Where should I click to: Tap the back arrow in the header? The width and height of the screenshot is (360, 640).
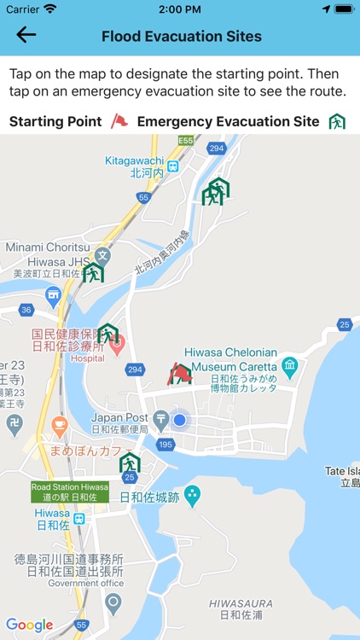pos(26,35)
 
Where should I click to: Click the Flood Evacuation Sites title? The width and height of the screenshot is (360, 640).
pos(182,36)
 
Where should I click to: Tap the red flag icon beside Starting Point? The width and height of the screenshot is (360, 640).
pos(119,121)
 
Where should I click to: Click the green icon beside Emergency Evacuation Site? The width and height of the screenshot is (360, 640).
pos(337,121)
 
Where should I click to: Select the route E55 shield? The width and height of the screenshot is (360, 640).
pos(186,140)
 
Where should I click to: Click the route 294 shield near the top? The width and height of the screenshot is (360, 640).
pos(216,148)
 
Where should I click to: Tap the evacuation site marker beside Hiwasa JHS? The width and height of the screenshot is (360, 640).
pos(93,272)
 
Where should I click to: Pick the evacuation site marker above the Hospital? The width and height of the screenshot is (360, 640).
pos(107,333)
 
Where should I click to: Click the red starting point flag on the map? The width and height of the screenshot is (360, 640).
pos(180,373)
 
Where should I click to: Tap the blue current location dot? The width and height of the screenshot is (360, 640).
pos(179,420)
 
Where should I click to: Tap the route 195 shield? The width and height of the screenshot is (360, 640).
pos(165,445)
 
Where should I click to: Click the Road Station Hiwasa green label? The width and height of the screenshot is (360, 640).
pos(70,492)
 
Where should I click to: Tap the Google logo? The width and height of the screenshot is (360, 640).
pos(29,625)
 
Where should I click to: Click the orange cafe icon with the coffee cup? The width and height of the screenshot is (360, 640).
pos(59,424)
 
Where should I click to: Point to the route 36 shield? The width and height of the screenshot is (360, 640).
pos(26,310)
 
